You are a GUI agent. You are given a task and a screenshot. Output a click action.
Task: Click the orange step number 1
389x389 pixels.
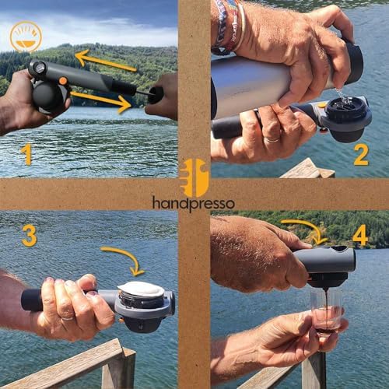coord(26,155)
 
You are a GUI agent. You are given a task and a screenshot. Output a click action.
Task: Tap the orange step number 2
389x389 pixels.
coord(361,155)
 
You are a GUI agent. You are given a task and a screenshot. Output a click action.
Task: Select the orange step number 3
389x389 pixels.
coord(30,236)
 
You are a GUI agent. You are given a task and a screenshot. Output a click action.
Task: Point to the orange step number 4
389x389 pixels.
coord(359,236)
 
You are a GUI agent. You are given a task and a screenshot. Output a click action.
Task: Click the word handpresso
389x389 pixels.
coord(194,204)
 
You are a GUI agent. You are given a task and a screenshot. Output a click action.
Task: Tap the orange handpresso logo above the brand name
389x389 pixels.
coord(194,177)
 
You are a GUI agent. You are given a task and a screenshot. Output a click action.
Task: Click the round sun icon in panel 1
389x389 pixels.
coord(26,37)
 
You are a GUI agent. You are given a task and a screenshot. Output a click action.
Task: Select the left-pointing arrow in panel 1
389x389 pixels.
coord(106,61)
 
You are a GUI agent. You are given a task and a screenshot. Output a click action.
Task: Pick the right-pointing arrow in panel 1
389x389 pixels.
coord(100,101)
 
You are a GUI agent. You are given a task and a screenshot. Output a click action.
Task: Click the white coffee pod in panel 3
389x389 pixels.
coord(141,289)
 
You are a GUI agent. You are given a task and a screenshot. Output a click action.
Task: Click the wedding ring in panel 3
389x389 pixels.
coord(68,318)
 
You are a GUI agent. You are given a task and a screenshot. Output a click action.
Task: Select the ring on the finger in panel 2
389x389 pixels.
coord(272,140)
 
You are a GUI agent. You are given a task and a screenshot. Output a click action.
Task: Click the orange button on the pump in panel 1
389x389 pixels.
coord(62,81)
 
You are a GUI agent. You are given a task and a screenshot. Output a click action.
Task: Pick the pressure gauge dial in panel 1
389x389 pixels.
coord(39,68)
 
